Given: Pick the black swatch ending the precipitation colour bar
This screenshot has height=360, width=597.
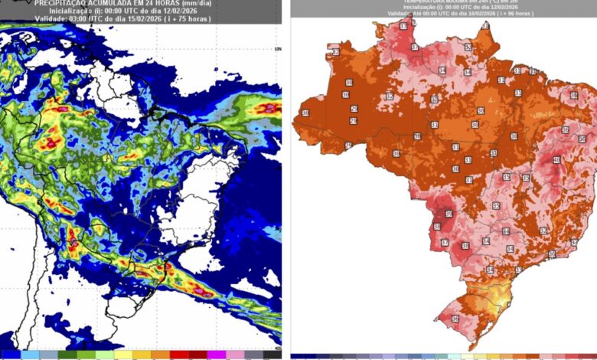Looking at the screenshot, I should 272,355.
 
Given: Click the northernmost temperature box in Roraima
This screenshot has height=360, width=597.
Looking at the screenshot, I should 403,27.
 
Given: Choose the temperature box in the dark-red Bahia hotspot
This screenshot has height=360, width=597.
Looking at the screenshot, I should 556,160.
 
